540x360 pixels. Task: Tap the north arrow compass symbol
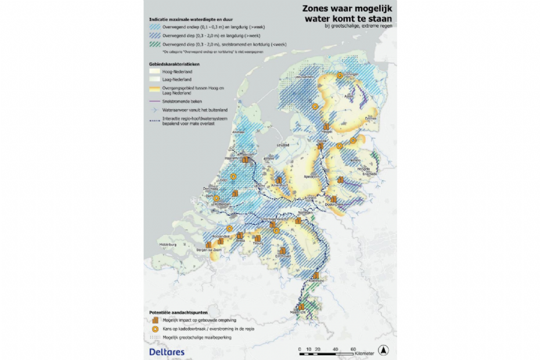pyautogui.click(x=382, y=350)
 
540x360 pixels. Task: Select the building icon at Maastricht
pyautogui.click(x=302, y=307)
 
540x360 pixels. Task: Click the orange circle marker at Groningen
pyautogui.click(x=339, y=75)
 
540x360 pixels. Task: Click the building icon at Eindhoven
pyautogui.click(x=283, y=251)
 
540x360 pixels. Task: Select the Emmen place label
pyautogui.click(x=370, y=118)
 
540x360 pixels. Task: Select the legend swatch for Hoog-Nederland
pyautogui.click(x=154, y=71)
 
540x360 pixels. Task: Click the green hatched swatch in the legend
pyautogui.click(x=154, y=44)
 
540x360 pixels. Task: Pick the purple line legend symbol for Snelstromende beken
pyautogui.click(x=154, y=99)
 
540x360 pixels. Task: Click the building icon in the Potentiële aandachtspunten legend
pyautogui.click(x=154, y=319)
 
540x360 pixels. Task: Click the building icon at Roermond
pyautogui.click(x=316, y=276)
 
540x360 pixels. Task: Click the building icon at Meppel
pyautogui.click(x=326, y=127)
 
